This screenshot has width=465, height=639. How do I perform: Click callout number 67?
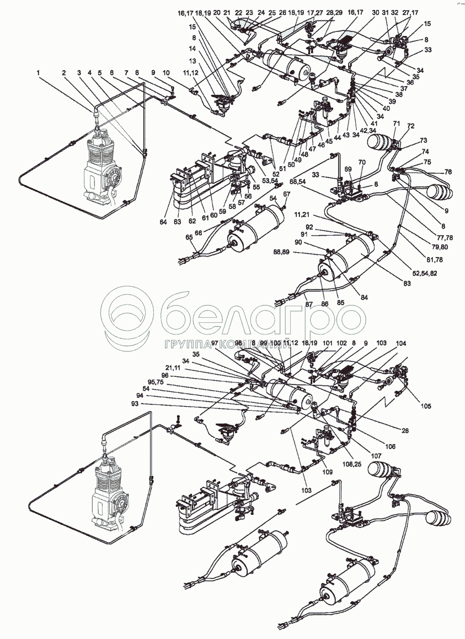[286, 194]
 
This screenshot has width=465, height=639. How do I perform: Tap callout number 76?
[448, 172]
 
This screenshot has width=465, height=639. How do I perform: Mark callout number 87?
[309, 305]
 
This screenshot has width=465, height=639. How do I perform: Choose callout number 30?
[375, 12]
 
